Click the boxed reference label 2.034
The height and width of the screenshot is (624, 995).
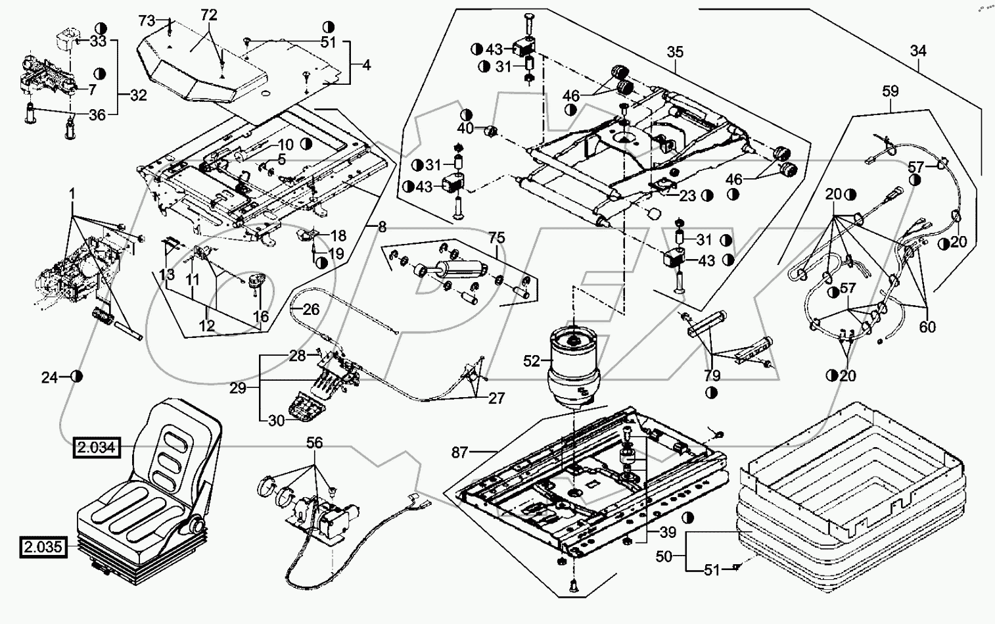[97, 448]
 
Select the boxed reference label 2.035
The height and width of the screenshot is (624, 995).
[44, 546]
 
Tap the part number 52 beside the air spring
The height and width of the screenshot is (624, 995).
[532, 360]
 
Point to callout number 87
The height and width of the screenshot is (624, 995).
[460, 452]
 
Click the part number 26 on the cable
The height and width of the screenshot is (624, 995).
[311, 308]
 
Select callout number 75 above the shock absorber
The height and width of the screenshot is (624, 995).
[496, 238]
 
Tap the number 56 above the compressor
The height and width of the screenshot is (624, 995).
[315, 443]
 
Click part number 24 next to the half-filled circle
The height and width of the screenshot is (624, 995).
[50, 377]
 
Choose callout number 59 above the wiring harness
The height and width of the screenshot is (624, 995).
[891, 91]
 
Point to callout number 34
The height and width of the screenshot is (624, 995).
[918, 50]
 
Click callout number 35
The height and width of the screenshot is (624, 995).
[675, 51]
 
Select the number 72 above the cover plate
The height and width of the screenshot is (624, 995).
[208, 14]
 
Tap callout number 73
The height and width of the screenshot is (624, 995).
[147, 20]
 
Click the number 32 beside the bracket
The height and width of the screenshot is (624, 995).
[138, 95]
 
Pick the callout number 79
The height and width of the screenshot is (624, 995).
[712, 375]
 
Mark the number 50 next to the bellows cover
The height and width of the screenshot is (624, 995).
[664, 556]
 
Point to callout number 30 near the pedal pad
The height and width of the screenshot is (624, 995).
[277, 420]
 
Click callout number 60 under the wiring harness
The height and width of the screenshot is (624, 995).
[927, 327]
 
